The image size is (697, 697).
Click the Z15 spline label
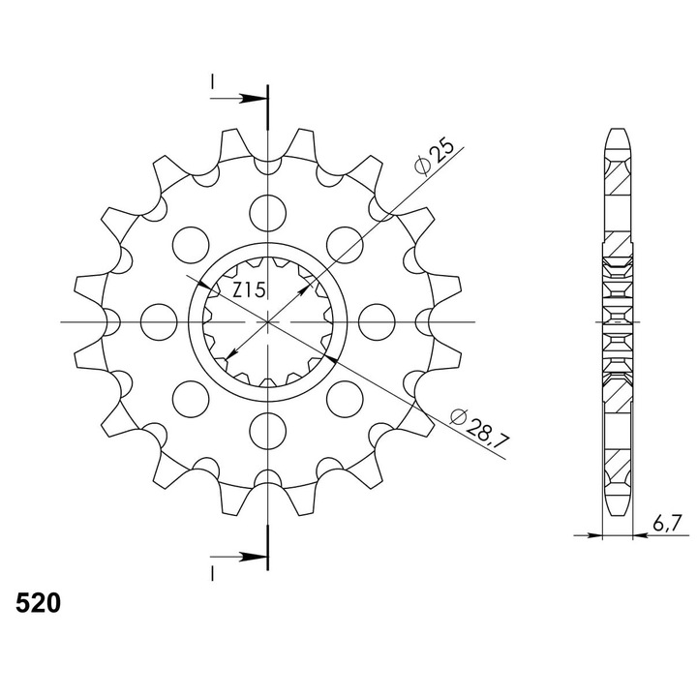(x=249, y=290)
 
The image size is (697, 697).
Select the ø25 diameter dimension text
(x=435, y=158)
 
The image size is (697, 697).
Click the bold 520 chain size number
(x=38, y=603)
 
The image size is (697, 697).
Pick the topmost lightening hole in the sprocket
(x=267, y=213)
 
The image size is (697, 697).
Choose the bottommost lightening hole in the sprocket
(x=267, y=431)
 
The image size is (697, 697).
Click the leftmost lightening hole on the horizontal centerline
(x=159, y=321)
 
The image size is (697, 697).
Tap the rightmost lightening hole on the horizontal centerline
(x=377, y=321)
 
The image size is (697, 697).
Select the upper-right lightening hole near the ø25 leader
(x=345, y=245)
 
